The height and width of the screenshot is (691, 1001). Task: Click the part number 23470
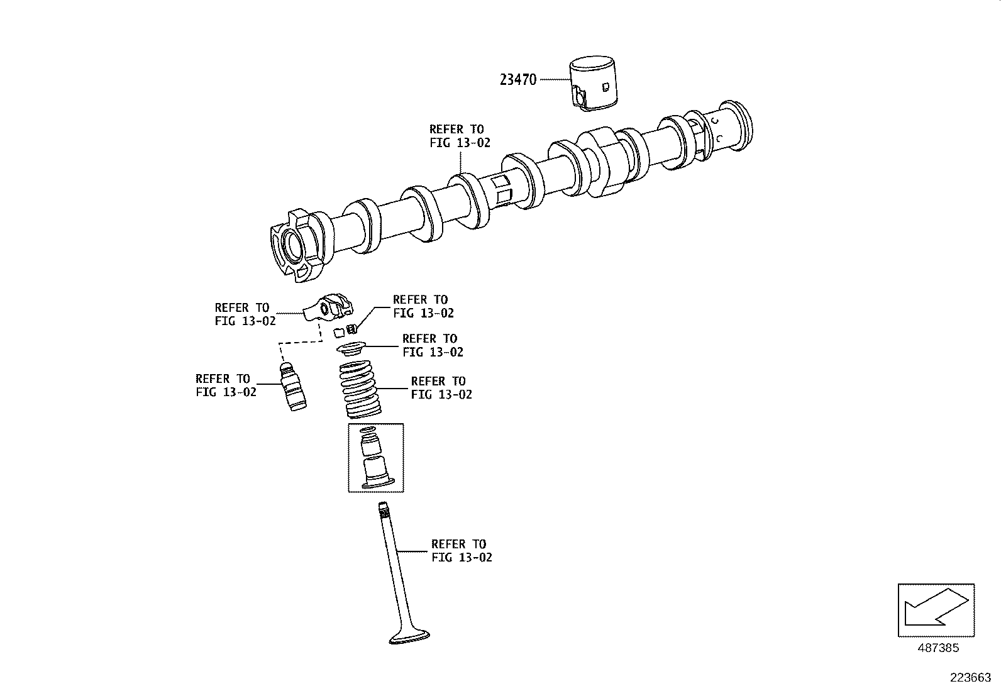tap(518, 80)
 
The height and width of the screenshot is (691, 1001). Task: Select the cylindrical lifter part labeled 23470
tap(594, 84)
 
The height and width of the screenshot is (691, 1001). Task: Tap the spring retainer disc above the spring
tap(352, 347)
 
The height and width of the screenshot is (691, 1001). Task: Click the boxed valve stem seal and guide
tap(375, 458)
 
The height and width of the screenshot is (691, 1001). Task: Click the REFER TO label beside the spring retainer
tap(432, 345)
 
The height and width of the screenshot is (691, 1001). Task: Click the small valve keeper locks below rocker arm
tap(346, 330)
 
